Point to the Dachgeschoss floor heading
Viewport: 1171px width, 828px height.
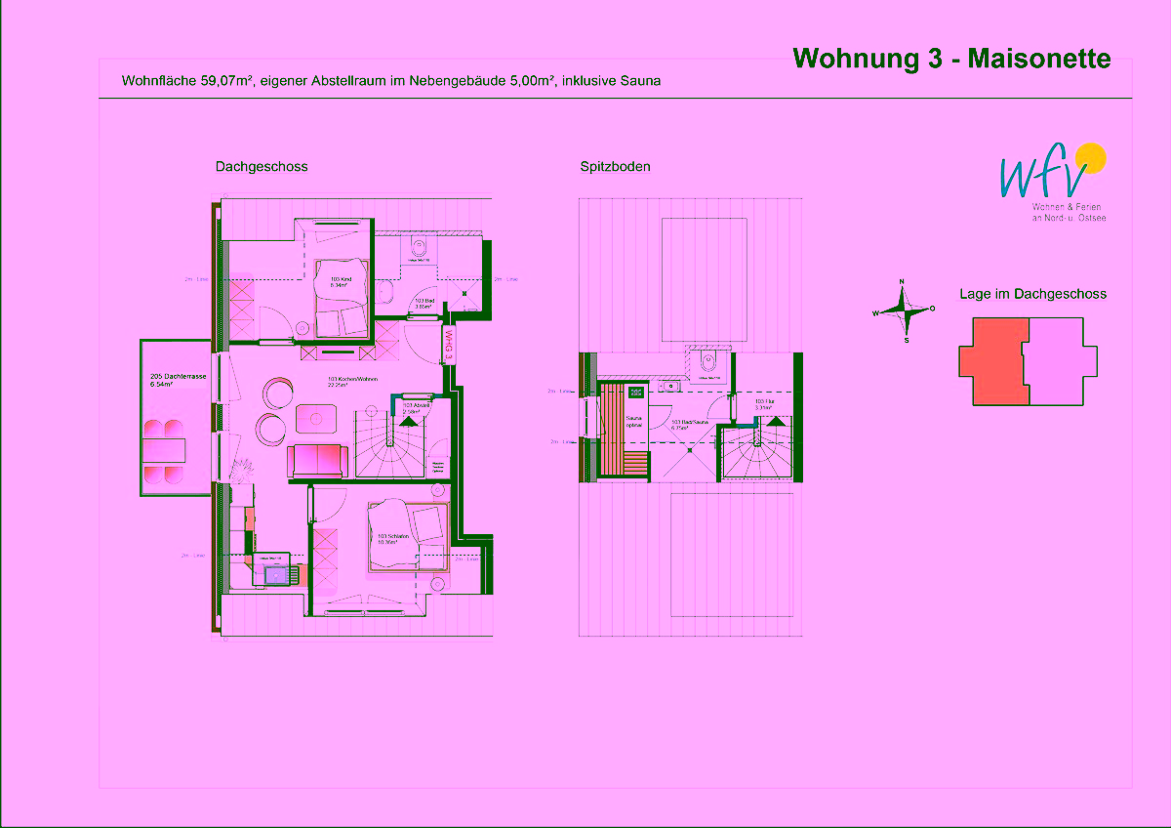(x=262, y=167)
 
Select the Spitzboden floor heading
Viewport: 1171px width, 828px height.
(x=615, y=167)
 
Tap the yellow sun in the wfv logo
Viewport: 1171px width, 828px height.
(x=1089, y=157)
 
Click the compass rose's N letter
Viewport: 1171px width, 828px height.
(x=902, y=281)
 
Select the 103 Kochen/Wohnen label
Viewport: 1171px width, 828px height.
(x=351, y=382)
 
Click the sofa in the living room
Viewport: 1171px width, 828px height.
(x=316, y=460)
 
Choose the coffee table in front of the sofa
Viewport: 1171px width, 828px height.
(x=316, y=419)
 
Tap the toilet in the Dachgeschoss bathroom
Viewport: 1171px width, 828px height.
(x=421, y=246)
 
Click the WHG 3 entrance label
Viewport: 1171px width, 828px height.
(x=449, y=344)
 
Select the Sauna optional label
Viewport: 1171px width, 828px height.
(x=634, y=422)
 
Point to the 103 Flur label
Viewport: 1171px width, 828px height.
(x=763, y=403)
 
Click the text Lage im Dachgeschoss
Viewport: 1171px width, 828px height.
(x=1032, y=293)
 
